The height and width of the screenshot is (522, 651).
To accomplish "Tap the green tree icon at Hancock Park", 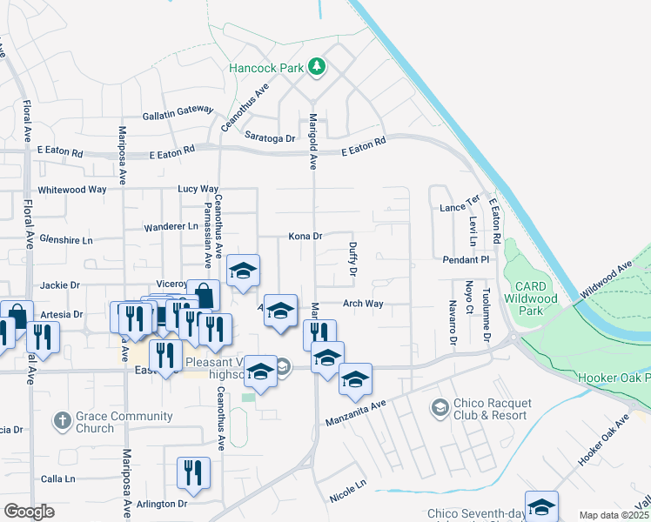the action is (318, 66).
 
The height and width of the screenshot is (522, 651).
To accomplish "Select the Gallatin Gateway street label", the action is (178, 112).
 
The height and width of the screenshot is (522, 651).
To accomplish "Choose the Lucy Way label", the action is (198, 189).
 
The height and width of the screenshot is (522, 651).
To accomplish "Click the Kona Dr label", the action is (305, 236).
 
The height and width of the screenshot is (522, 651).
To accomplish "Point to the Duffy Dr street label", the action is (353, 259).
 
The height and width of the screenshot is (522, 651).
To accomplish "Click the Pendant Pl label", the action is (466, 260).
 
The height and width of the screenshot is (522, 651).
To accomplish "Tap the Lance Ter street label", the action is (460, 208).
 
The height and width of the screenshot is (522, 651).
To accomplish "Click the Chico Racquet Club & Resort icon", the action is (440, 407).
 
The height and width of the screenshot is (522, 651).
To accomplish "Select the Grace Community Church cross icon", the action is (62, 421).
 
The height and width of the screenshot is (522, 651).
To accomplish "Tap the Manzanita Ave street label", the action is (355, 413).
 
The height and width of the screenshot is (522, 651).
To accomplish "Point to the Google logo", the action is (29, 512).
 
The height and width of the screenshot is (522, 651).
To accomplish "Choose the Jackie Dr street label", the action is (60, 284).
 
